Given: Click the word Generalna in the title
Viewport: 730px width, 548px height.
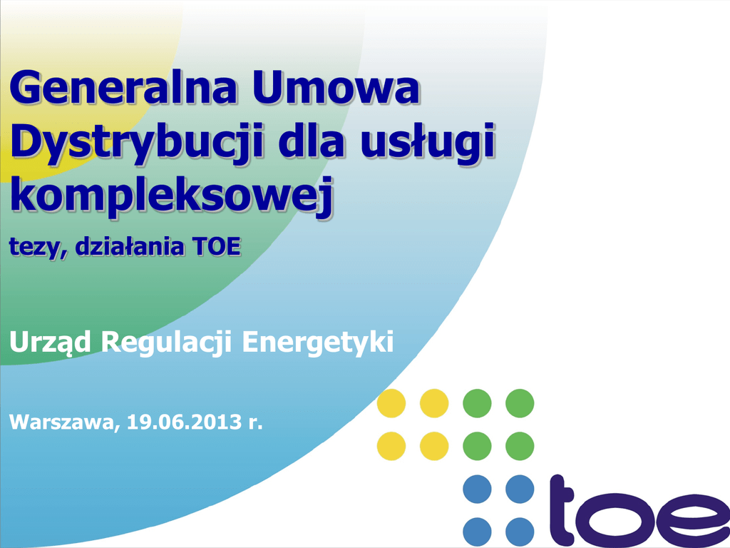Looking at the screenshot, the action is [x=123, y=87].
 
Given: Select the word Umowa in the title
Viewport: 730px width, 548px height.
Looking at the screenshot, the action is [x=336, y=87].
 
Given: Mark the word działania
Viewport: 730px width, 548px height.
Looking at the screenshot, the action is [x=130, y=246].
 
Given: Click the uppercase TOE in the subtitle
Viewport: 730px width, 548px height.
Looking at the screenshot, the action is [x=217, y=247].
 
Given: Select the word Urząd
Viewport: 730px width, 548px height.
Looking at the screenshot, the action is [x=51, y=342].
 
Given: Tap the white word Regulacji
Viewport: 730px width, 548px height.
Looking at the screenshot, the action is [x=167, y=343].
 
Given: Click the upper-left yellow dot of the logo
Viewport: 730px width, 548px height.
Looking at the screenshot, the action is [x=391, y=403].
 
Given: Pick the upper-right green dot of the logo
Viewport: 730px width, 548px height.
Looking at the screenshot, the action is [x=520, y=403].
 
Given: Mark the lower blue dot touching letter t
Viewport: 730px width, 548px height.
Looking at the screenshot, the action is [x=520, y=532].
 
